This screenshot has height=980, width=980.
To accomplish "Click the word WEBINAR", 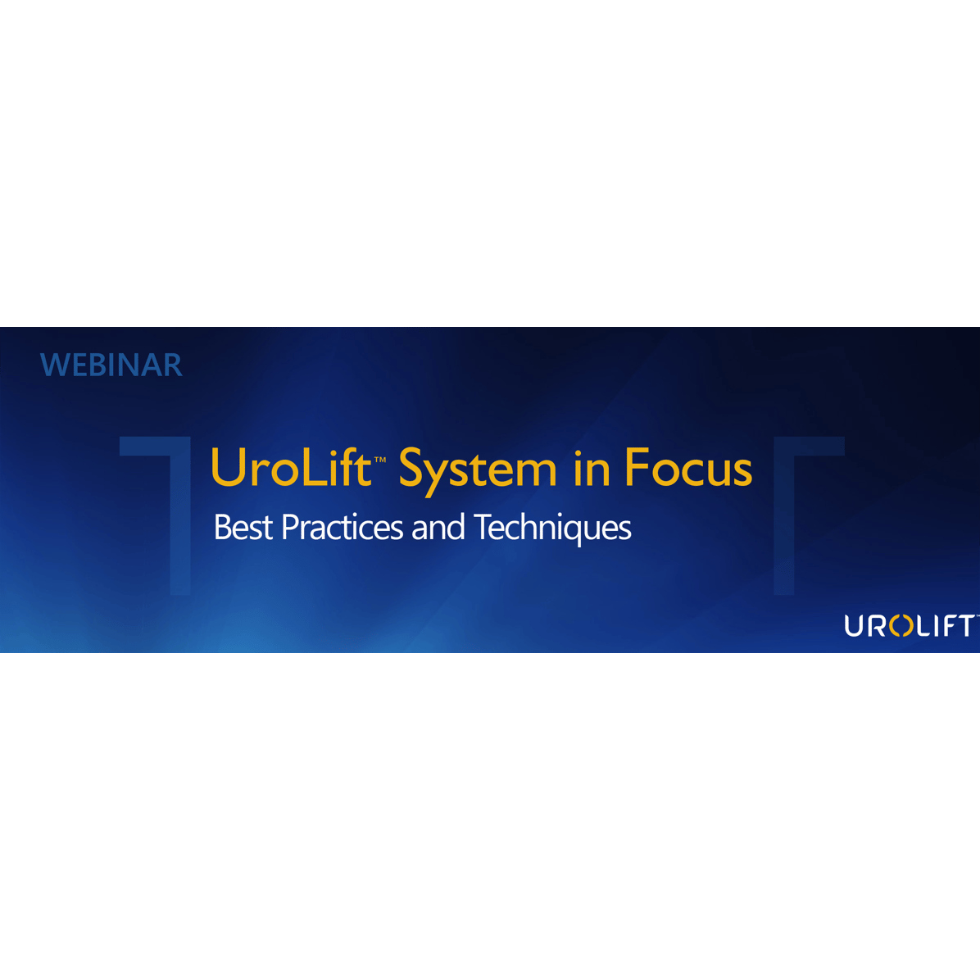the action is click(x=111, y=365).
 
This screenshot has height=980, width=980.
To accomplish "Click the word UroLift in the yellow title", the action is click(x=291, y=467).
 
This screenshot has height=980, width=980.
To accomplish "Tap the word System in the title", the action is click(x=478, y=471).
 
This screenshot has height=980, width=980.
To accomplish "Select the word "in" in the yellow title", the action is click(x=592, y=469).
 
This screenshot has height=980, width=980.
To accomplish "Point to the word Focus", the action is click(x=689, y=467).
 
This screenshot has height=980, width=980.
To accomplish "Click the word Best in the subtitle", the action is click(x=243, y=527).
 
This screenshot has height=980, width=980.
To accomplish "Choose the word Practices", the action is click(x=343, y=527).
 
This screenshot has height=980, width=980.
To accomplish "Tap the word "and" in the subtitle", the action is click(x=438, y=527).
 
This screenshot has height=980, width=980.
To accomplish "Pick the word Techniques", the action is click(x=552, y=529).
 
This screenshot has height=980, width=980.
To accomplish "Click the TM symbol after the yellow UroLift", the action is click(x=380, y=460).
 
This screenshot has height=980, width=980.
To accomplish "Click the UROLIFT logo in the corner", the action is click(x=910, y=626).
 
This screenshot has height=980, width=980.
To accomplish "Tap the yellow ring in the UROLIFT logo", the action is click(x=901, y=626).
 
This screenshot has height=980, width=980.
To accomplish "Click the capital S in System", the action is click(x=413, y=467).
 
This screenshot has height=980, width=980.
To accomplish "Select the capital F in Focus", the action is click(x=637, y=467).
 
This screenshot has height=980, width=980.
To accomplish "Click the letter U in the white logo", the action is click(x=854, y=626).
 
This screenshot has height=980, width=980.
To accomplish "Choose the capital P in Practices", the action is click(x=290, y=527).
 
